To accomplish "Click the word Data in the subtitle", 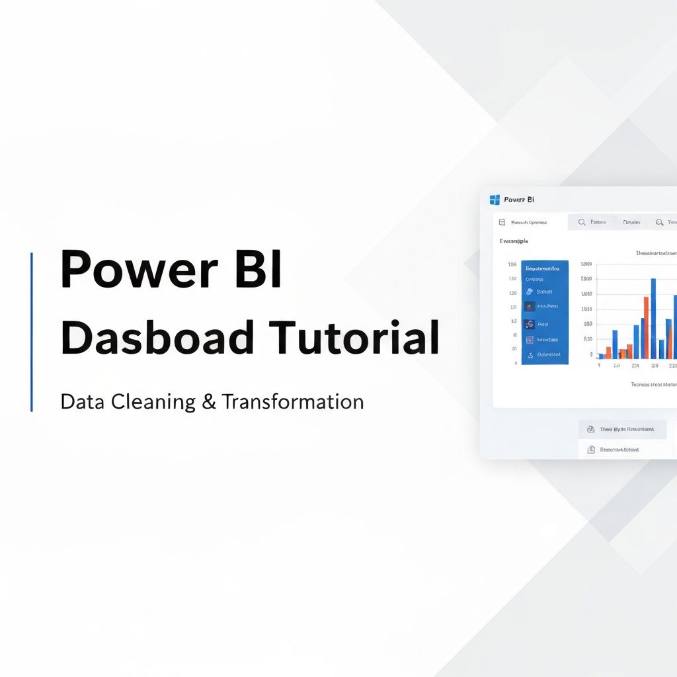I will click(x=82, y=401).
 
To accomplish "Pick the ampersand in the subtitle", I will click(x=209, y=401).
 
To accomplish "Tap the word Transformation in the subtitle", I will click(x=292, y=401).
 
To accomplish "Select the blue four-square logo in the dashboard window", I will click(x=495, y=199).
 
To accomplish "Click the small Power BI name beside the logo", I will click(x=519, y=199).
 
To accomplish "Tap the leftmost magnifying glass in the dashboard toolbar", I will click(x=582, y=222).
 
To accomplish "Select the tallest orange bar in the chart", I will click(x=646, y=327).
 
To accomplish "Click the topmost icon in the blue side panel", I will click(x=530, y=292).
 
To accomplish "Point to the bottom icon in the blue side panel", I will click(x=530, y=355).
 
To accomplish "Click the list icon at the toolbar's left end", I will click(x=502, y=222).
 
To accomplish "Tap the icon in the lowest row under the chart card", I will click(x=590, y=450).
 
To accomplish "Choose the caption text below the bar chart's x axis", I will click(x=653, y=384).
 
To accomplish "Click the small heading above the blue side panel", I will click(x=513, y=241).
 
